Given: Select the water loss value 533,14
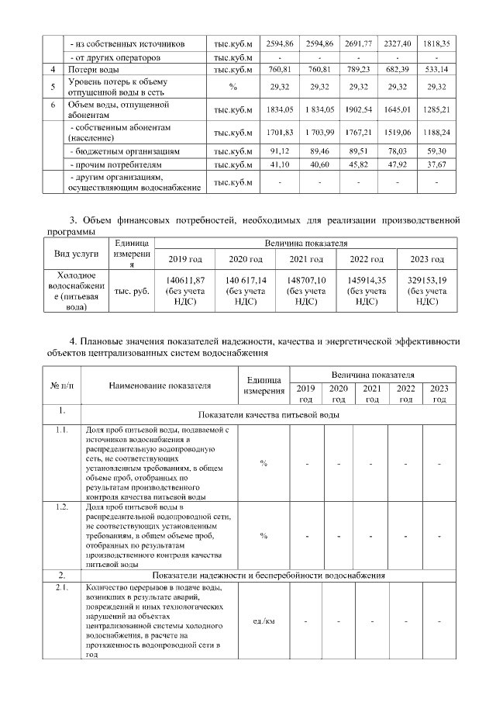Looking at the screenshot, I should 437,71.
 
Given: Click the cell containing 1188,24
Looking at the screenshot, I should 437,132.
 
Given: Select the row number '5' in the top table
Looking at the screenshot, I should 52,88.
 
